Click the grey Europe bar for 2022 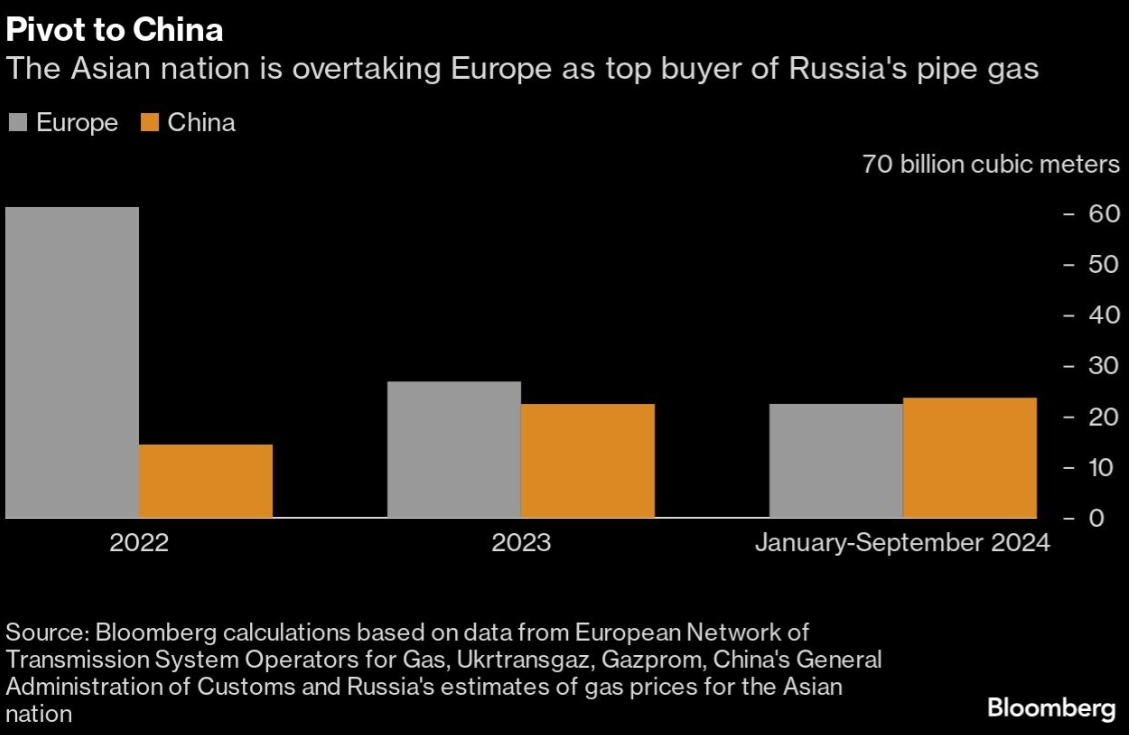point(72,362)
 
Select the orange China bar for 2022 point(206,481)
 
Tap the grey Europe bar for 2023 point(454,449)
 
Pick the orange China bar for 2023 point(588,461)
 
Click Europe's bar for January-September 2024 point(836,461)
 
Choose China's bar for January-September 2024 point(970,458)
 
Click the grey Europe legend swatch point(18,123)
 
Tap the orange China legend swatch point(150,123)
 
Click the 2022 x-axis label point(139,544)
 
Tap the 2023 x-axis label point(521,544)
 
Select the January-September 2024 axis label point(902,544)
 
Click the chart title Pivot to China point(114,30)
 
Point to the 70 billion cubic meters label point(991,164)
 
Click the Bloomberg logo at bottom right point(1051,709)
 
